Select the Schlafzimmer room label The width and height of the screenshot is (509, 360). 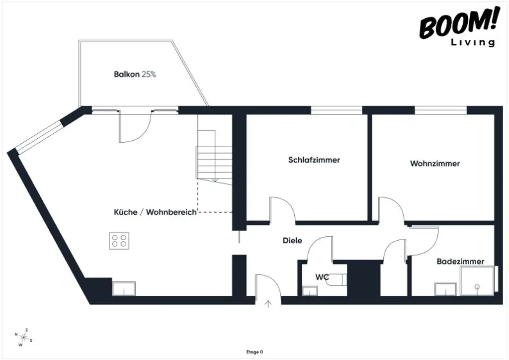pyautogui.click(x=314, y=160)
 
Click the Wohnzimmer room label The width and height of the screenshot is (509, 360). pyautogui.click(x=435, y=164)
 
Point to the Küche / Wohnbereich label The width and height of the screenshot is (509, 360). pyautogui.click(x=155, y=212)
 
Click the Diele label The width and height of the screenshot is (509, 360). pyautogui.click(x=293, y=241)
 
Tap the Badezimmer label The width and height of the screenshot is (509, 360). pyautogui.click(x=460, y=262)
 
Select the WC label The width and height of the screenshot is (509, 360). pyautogui.click(x=323, y=277)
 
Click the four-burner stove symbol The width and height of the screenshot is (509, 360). pyautogui.click(x=119, y=241)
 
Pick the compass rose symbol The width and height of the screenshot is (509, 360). pyautogui.click(x=23, y=337)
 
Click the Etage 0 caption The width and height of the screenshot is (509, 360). pyautogui.click(x=254, y=352)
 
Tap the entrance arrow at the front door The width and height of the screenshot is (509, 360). pyautogui.click(x=269, y=304)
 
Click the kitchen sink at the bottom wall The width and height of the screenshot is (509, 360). pyautogui.click(x=124, y=289)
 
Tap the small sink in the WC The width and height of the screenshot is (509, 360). pyautogui.click(x=310, y=291)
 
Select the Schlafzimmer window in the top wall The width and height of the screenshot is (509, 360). pyautogui.click(x=336, y=110)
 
